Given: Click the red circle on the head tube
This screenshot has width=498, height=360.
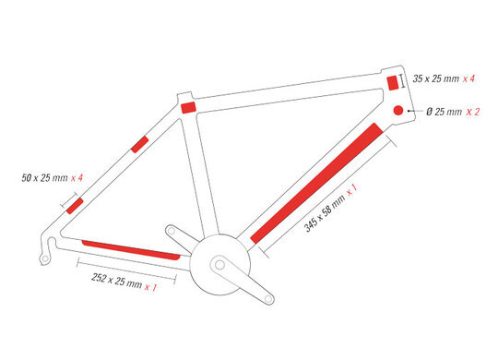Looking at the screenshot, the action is click(398, 111).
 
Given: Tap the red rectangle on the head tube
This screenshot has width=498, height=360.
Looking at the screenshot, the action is click(393, 83).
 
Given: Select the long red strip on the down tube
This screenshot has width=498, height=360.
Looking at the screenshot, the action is click(317, 183).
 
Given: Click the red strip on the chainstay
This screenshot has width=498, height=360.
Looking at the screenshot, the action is click(131, 250).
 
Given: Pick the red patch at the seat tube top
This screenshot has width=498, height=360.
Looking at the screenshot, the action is click(188, 107).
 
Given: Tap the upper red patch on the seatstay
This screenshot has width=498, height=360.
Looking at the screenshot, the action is click(140, 144).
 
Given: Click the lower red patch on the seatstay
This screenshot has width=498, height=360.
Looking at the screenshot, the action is click(75, 206).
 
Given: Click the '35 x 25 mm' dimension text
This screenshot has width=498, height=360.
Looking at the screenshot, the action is click(435, 78).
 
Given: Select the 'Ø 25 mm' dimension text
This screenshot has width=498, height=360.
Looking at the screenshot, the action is click(444, 112).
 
